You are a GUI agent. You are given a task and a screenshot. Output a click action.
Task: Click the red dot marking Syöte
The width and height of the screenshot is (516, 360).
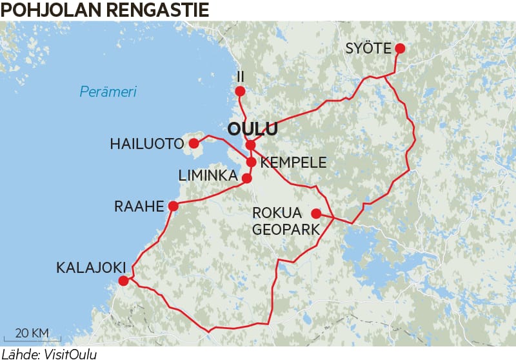400,48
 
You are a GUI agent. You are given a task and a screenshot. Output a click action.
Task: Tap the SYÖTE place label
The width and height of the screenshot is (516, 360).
368,48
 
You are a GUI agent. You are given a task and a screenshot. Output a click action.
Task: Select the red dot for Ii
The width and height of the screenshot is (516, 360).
240,92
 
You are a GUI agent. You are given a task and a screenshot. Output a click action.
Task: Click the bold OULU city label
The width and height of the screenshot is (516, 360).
253,129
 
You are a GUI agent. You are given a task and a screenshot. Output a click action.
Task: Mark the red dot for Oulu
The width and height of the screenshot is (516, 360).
250,145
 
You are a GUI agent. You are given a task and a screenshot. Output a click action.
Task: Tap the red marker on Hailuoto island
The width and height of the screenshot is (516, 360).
193,143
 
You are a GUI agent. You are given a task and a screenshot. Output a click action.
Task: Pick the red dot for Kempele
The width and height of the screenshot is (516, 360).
251,161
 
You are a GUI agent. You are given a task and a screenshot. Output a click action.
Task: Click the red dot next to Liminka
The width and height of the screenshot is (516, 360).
246,177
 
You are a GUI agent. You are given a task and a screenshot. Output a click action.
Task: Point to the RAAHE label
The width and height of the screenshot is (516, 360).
139,206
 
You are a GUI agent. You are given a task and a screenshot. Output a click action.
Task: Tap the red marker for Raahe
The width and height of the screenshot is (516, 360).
173,206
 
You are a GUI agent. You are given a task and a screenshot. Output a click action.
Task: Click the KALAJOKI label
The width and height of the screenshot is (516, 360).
88,266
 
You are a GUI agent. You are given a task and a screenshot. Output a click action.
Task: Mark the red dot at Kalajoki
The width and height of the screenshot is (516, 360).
123,281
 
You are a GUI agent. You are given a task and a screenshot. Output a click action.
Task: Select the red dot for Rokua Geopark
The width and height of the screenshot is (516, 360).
316,214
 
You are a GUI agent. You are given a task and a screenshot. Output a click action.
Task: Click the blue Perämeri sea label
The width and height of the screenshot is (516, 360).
108,92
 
